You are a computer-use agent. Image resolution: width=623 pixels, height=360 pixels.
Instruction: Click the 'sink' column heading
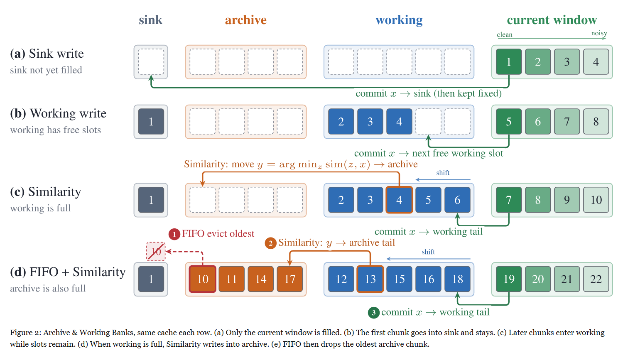[x=150, y=20]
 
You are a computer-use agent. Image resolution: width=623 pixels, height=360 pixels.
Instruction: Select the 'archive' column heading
[x=245, y=20]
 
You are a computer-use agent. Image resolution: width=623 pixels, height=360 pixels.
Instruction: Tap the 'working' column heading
[x=399, y=20]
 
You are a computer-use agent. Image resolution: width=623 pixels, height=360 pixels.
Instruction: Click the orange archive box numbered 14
[x=260, y=279]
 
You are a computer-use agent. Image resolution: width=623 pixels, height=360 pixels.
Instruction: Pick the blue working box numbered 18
[x=458, y=279]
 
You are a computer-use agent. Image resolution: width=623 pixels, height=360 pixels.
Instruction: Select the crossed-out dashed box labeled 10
[x=156, y=252]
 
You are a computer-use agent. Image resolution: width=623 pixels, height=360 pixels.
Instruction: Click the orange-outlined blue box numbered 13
[x=370, y=279]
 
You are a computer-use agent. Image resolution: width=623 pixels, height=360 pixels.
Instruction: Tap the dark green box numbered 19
[x=509, y=279]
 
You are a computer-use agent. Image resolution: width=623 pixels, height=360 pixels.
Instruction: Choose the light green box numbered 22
[x=596, y=279]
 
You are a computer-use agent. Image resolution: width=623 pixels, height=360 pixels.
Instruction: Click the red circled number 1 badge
[x=174, y=234]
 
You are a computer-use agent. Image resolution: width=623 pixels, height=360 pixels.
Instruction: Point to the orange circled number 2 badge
[x=270, y=243]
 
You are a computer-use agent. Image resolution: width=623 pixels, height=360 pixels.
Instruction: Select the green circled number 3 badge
[x=374, y=313]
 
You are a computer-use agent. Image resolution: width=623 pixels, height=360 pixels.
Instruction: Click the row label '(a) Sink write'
[x=47, y=54]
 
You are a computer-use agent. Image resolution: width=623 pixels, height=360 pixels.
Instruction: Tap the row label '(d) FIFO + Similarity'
[x=68, y=272]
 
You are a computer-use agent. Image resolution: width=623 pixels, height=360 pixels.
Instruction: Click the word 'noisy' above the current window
[x=599, y=33]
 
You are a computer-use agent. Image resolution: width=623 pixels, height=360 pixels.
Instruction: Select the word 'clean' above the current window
[x=505, y=34]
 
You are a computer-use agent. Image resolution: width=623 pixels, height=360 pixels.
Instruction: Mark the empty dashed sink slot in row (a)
[x=151, y=62]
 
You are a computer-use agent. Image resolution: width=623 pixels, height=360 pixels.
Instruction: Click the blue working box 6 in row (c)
[x=458, y=200]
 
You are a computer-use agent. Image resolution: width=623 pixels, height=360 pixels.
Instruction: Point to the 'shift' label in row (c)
[x=443, y=173]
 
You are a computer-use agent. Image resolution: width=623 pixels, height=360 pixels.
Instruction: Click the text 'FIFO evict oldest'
[x=218, y=233]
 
